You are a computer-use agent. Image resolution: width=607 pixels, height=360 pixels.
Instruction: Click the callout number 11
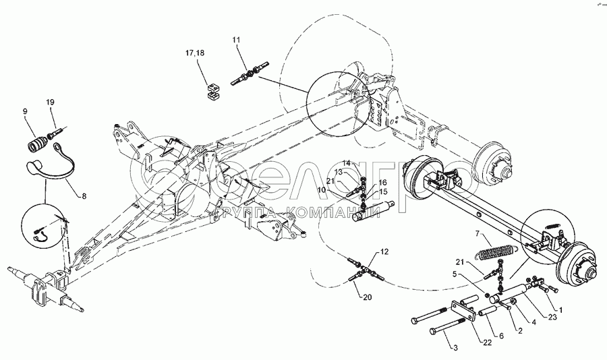237,42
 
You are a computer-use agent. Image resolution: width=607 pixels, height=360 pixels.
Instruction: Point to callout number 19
50,102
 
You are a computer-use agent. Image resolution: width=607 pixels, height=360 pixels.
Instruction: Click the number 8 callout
84,196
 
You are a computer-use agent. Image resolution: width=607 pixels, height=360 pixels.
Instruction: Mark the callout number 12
384,251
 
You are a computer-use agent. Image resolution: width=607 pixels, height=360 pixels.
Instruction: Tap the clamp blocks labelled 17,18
212,90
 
